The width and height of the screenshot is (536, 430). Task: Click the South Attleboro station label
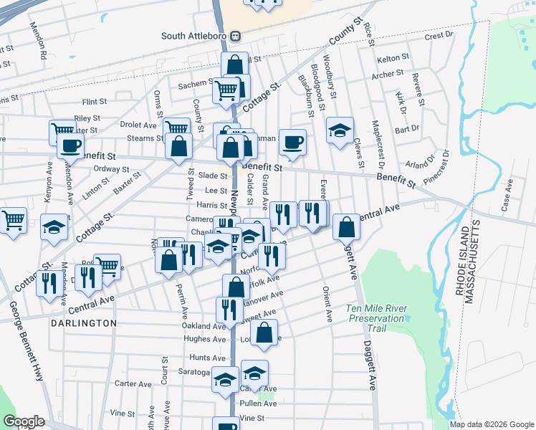point(195,36)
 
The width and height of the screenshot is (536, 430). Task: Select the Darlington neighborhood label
point(84,323)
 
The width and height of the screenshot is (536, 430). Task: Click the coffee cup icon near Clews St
point(292,142)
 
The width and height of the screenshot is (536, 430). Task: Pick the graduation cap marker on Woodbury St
point(340,130)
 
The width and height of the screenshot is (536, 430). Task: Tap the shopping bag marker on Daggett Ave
point(347,226)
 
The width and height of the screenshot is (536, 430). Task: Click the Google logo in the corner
point(24,421)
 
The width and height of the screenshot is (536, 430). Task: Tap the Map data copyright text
point(492,424)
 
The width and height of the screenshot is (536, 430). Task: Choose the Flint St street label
point(94,102)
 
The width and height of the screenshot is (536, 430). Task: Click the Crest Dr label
point(439,34)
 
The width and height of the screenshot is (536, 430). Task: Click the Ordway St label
point(110,169)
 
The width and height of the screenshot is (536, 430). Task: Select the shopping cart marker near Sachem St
point(226,90)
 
